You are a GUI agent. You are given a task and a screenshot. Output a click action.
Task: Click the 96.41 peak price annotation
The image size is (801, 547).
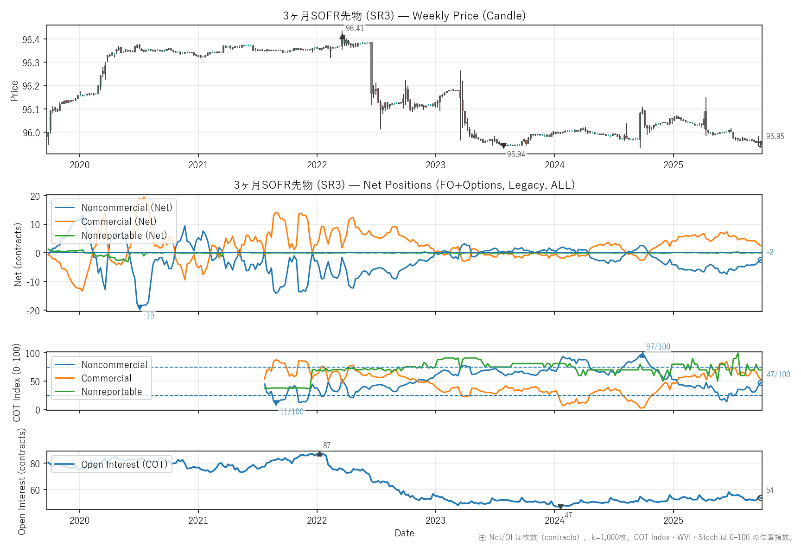tap(355, 29)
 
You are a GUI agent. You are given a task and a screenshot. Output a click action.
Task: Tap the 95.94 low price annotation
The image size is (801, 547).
tap(516, 154)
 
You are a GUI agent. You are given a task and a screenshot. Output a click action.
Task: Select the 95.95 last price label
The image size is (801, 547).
tap(775, 136)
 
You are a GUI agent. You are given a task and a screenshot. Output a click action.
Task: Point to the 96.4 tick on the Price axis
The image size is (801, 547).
tap(31, 39)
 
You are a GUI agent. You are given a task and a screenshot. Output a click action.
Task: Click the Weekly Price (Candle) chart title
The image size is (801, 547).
tap(404, 16)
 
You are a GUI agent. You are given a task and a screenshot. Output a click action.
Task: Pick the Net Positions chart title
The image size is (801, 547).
tap(404, 185)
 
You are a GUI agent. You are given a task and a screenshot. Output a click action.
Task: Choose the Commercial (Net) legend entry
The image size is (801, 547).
tap(118, 222)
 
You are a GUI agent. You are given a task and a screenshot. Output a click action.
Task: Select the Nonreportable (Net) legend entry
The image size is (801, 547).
tap(124, 235)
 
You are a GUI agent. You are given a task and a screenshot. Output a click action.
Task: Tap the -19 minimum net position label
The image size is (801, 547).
tap(149, 316)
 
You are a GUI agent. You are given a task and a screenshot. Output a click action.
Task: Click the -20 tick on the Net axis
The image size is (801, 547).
tap(35, 311)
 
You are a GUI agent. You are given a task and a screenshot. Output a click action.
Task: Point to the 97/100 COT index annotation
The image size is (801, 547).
tap(658, 347)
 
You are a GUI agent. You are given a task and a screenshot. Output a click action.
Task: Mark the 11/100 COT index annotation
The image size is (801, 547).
tap(292, 412)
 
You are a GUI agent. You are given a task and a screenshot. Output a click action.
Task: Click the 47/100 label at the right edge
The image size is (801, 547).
tap(778, 375)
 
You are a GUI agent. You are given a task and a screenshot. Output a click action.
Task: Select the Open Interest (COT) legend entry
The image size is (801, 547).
tap(124, 464)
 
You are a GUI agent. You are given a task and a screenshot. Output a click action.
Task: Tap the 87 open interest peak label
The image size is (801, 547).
tap(327, 445)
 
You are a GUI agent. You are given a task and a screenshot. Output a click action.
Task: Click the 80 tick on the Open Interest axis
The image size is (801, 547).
tap(35, 464)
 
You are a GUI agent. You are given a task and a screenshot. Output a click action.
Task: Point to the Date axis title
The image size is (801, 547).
tap(404, 533)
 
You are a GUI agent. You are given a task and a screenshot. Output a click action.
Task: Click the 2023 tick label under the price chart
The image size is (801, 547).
tap(435, 165)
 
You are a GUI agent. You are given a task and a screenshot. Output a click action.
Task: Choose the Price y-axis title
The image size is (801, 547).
tap(14, 91)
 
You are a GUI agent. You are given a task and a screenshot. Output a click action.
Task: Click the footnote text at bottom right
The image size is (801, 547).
tap(636, 538)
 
